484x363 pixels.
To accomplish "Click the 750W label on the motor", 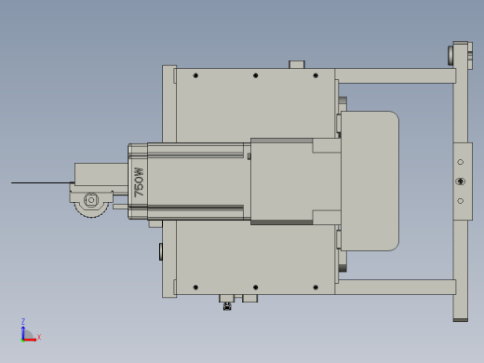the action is (x=139, y=182).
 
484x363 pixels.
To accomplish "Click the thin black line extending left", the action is (x=43, y=182).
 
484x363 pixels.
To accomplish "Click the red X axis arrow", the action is (x=29, y=340).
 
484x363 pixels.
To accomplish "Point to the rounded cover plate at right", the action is (x=370, y=181).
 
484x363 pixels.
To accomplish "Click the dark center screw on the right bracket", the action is (x=461, y=181).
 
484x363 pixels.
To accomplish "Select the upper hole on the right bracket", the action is (x=461, y=162).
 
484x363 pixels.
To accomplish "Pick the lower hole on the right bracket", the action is (x=461, y=201).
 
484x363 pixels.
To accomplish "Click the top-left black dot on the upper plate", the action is (x=195, y=75).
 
